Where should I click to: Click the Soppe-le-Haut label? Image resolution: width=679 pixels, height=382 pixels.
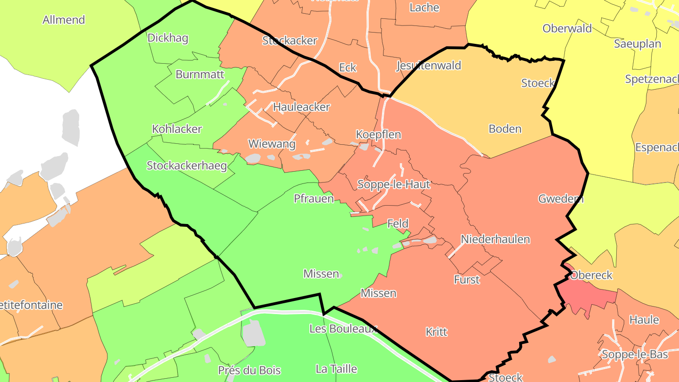coord(394,184)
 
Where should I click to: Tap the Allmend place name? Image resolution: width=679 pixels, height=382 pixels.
coord(64,20)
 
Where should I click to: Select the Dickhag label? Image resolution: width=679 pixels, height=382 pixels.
coord(168,38)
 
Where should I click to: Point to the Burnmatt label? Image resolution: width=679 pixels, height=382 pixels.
coord(200,75)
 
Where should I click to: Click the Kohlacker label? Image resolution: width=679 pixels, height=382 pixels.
coord(177,129)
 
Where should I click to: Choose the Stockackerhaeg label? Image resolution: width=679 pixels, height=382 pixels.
coord(187,166)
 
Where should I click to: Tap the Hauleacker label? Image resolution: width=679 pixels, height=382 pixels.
coord(301,107)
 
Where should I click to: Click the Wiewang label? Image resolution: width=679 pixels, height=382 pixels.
coord(272,144)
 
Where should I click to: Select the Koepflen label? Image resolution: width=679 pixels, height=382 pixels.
coord(378,134)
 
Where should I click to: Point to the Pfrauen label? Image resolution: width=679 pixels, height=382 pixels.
coord(314,199)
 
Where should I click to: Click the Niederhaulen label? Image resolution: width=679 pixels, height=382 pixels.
coord(495,239)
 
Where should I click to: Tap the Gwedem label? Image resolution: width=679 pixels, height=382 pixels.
coord(561,199)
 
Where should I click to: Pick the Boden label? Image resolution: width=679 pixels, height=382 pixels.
coord(505,129)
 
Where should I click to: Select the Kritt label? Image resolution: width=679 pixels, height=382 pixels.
coord(436,332)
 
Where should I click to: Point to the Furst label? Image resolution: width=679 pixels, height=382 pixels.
coord(466,280)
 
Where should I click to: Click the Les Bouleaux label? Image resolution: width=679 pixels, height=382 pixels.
coord(343,329)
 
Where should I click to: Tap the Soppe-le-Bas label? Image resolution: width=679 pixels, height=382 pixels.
coord(635,354)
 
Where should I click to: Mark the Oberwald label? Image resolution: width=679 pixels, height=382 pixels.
coord(567,28)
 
